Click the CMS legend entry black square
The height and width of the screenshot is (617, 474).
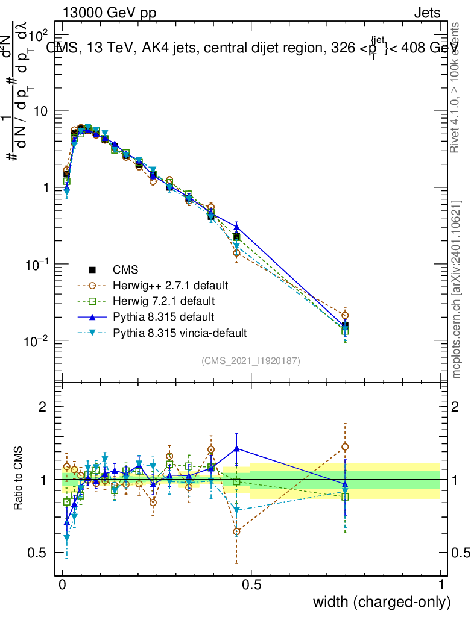[x=92, y=269]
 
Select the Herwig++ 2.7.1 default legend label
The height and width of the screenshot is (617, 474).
[x=170, y=285]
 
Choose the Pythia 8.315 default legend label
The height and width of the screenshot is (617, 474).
[x=163, y=316]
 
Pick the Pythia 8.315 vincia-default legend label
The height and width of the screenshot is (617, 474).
[x=179, y=332]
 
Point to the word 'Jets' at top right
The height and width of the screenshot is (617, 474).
[x=427, y=13]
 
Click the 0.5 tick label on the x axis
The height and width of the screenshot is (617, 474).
[x=251, y=584]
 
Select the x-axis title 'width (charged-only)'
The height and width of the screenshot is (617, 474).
[x=382, y=601]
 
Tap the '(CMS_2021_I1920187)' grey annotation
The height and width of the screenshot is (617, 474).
[x=251, y=360]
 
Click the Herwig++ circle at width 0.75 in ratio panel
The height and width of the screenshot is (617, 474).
[x=345, y=447]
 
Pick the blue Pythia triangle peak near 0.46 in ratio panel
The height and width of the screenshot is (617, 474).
[x=236, y=448]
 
